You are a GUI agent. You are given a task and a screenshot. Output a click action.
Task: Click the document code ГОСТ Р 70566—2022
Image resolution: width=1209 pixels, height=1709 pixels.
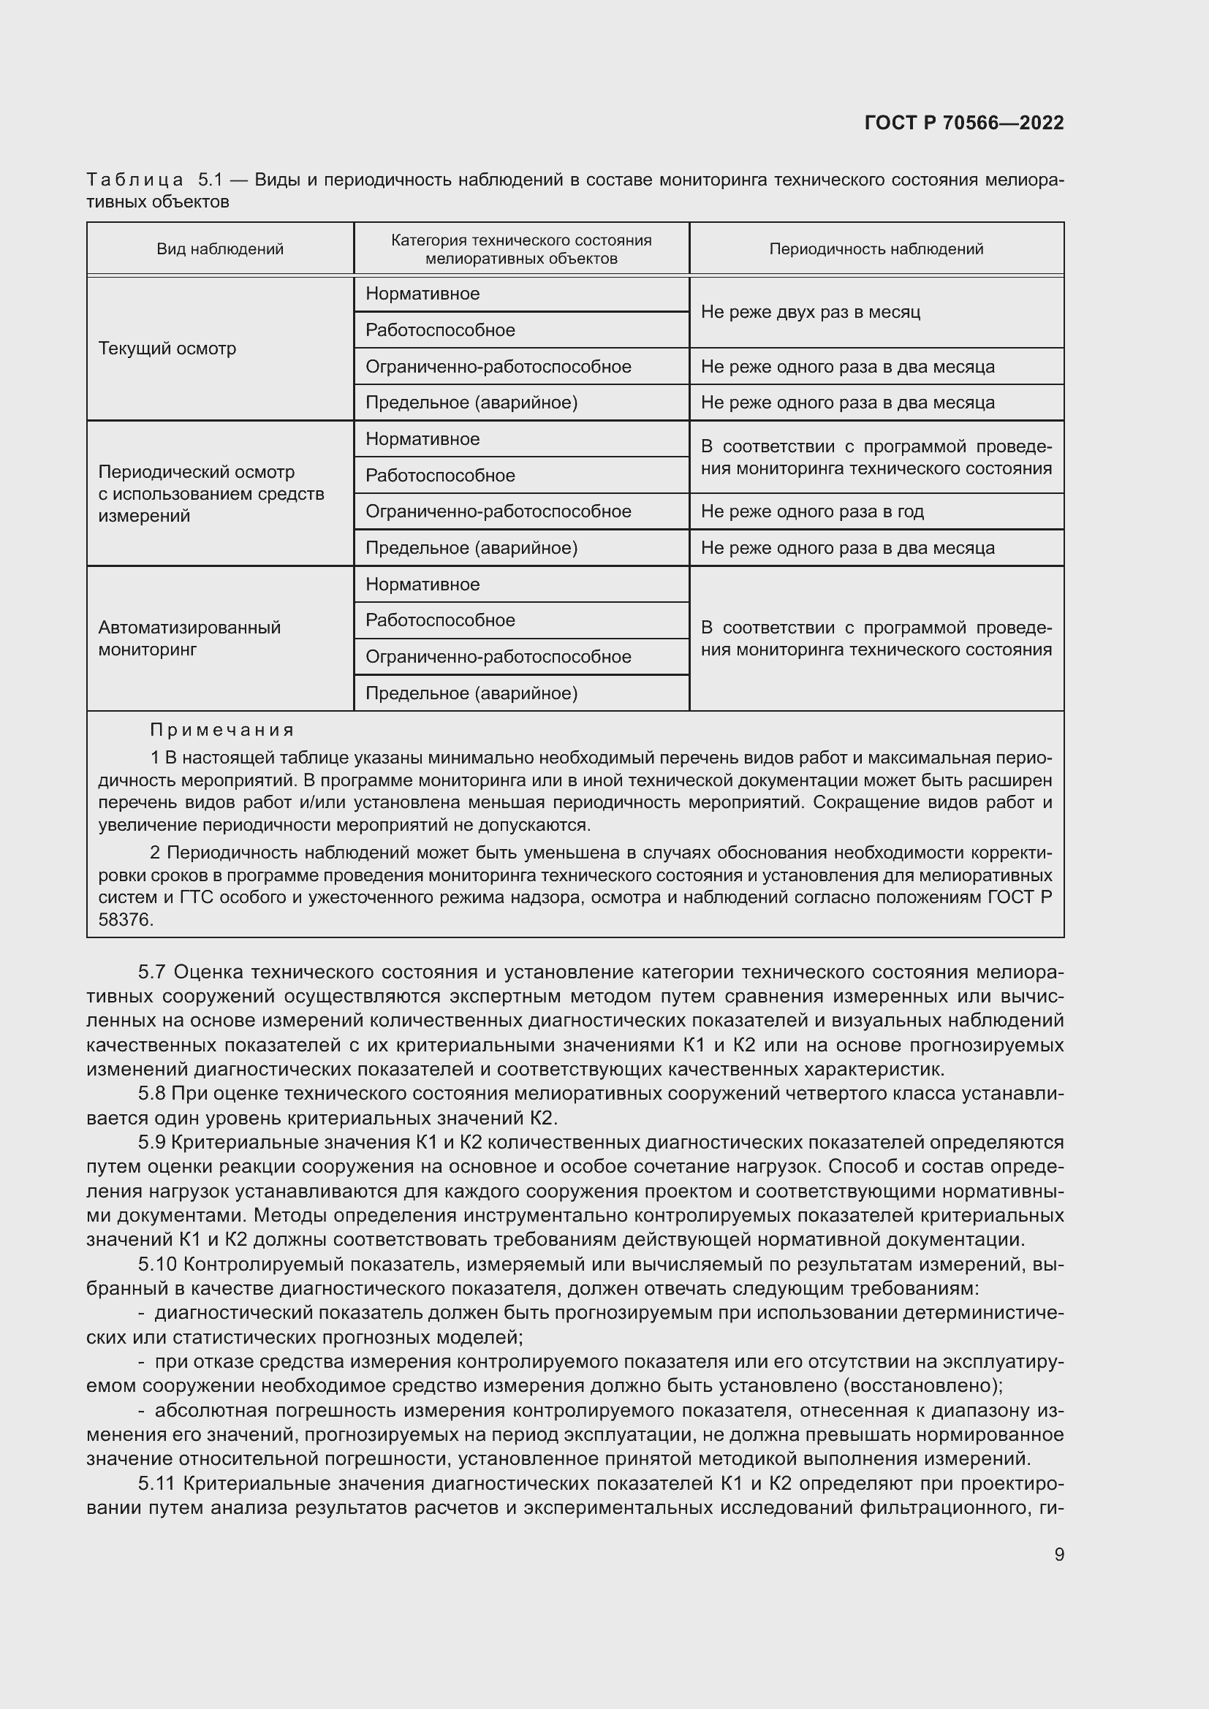point(963,123)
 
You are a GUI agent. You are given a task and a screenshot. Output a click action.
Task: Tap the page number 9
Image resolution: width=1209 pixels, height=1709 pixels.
point(1058,1554)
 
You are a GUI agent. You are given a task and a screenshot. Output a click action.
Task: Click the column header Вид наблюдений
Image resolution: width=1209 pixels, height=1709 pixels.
point(219,249)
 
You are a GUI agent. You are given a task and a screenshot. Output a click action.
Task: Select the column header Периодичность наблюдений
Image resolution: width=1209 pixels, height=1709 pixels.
point(876,249)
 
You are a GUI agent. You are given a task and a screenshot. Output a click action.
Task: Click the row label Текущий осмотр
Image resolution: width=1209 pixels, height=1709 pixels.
point(167,349)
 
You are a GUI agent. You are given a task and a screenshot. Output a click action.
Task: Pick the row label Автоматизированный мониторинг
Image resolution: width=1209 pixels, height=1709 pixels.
point(189,638)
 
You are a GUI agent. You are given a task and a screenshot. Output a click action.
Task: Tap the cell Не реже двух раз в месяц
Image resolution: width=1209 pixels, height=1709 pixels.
point(810,312)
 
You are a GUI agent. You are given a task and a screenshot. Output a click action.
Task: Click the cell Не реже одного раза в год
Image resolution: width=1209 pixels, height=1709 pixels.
point(811,511)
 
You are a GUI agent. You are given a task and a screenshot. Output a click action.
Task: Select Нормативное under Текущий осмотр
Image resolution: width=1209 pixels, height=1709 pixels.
point(422,294)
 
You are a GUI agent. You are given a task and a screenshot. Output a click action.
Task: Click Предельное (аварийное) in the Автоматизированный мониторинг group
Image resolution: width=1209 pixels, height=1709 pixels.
point(471,693)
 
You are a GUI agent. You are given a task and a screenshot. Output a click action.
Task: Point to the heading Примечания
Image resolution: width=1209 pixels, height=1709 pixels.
point(222,729)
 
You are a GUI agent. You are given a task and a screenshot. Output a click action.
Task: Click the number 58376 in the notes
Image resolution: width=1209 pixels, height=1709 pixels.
point(125,920)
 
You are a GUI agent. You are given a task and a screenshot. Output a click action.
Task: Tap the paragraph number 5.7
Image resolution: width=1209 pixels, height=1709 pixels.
point(152,972)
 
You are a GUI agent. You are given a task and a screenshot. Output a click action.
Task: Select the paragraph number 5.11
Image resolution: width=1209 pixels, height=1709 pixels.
point(156,1483)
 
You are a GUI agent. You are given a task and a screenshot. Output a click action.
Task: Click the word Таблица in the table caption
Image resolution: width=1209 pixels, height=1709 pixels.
point(134,180)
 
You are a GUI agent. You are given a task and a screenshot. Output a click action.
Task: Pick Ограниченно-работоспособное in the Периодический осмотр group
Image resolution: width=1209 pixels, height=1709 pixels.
point(498,511)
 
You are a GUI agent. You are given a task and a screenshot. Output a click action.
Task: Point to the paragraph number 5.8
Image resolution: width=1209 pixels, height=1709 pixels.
point(152,1094)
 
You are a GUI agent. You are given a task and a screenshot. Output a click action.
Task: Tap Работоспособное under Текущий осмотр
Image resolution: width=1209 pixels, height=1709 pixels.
point(440,330)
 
